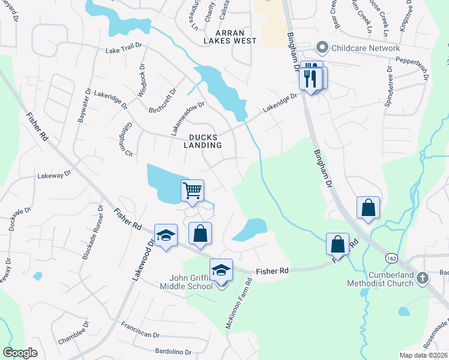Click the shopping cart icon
tap(192, 191)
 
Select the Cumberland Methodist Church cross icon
tap(423, 277)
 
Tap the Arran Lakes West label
tap(230, 36)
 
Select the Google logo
tap(20, 353)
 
